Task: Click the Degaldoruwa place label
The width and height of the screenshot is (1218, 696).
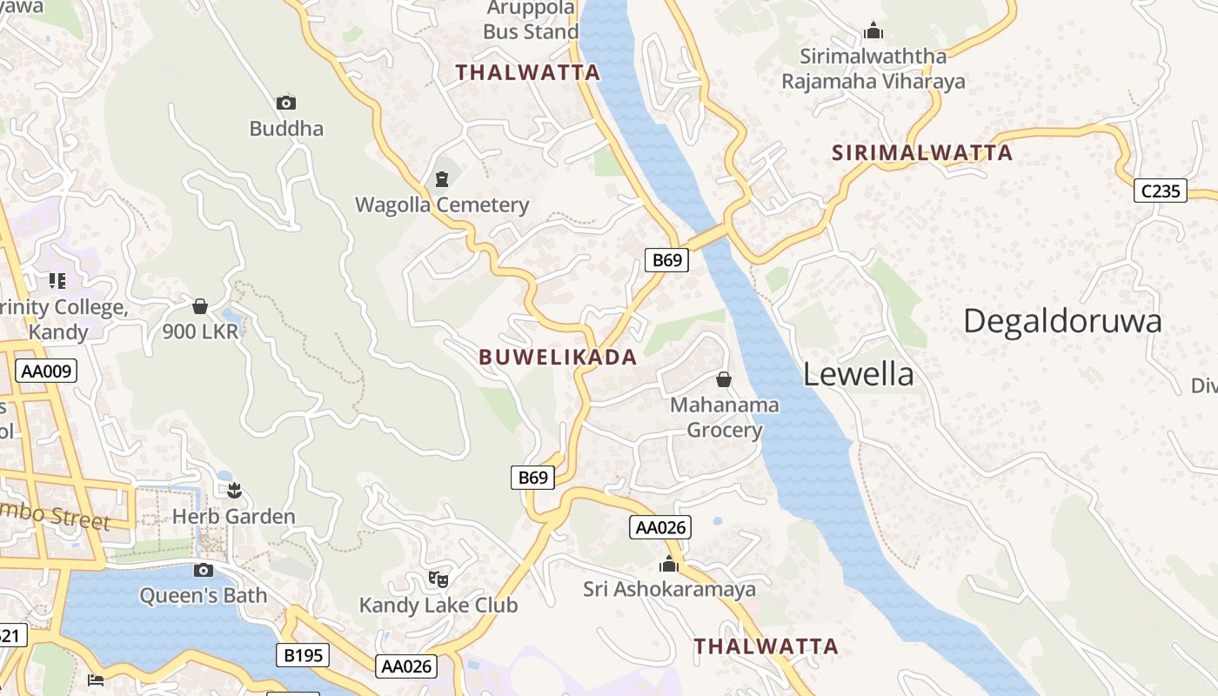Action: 1062,321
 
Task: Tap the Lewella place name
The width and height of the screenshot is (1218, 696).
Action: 858,374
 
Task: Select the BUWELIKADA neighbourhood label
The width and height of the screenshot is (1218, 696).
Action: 558,357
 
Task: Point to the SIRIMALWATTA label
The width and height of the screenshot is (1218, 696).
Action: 922,153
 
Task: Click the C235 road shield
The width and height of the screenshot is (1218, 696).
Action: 1161,191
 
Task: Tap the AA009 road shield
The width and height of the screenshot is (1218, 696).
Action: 47,371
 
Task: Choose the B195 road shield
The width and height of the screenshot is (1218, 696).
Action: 303,655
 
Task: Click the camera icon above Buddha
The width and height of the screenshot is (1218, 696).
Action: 285,103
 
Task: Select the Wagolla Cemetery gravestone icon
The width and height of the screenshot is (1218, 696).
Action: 441,179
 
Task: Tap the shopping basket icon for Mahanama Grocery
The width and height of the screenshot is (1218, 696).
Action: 723,379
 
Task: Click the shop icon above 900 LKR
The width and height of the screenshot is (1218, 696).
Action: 199,306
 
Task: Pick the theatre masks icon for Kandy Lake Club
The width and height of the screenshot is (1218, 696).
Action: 438,579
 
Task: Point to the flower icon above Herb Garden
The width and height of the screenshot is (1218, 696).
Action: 233,491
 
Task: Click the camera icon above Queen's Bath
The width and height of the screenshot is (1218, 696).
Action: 204,570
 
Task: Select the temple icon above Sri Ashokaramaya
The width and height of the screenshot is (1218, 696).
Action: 668,564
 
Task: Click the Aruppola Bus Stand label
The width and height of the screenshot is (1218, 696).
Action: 531,20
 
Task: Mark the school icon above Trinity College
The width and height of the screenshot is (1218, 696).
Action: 57,280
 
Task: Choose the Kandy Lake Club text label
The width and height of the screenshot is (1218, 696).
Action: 438,605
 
